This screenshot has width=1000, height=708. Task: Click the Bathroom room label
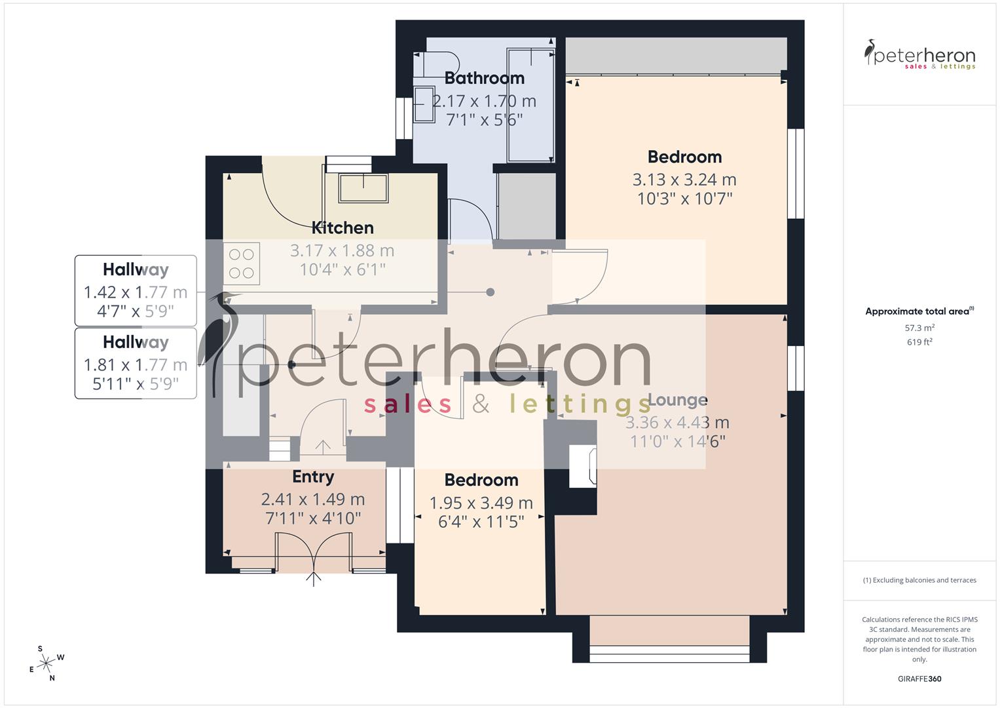click(484, 78)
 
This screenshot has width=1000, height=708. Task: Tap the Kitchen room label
click(343, 228)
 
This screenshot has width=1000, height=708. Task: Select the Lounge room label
click(677, 400)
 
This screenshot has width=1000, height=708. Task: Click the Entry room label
click(313, 477)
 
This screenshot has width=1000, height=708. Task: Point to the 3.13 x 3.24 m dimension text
click(684, 180)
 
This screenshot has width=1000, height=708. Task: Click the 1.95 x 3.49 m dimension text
click(481, 503)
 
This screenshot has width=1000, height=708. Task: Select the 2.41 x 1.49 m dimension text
click(313, 500)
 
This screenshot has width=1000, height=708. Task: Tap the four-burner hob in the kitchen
click(242, 263)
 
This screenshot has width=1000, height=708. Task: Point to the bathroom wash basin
click(424, 104)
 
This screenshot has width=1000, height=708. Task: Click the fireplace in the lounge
click(582, 466)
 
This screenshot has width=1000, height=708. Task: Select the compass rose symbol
click(46, 663)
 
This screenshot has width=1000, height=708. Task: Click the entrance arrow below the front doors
click(314, 578)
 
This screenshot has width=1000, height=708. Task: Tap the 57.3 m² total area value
click(919, 328)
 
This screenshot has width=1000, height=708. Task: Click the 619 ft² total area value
click(919, 342)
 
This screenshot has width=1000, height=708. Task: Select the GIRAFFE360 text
click(919, 679)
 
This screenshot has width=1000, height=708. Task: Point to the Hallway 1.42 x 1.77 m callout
click(136, 290)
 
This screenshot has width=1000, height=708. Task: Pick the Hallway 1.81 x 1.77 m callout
click(136, 363)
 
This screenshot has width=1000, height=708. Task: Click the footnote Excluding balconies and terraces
click(919, 580)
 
